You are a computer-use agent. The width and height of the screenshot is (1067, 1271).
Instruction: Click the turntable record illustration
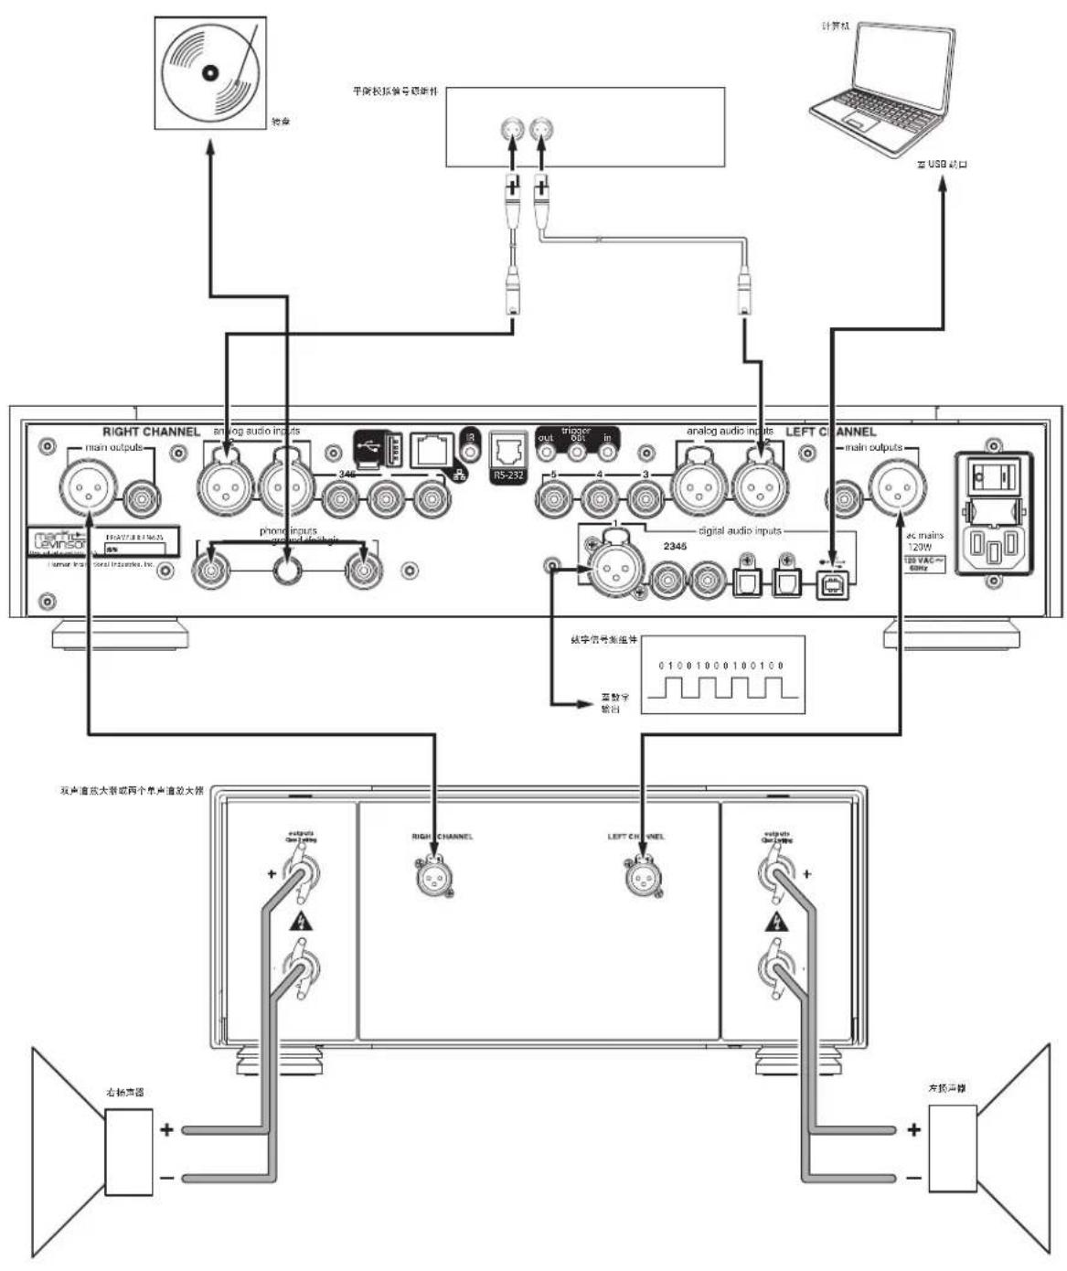point(210,72)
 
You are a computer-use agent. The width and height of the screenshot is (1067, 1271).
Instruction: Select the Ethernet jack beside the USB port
point(432,449)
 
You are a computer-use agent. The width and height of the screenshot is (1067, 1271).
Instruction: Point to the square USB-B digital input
point(831,584)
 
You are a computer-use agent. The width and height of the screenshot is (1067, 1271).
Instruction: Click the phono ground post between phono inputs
point(289,571)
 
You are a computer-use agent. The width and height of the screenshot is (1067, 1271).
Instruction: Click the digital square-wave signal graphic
point(722,676)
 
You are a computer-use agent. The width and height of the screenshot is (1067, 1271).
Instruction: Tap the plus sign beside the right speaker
point(166,1130)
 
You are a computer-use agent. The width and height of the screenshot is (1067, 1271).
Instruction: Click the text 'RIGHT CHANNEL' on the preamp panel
point(151,432)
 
